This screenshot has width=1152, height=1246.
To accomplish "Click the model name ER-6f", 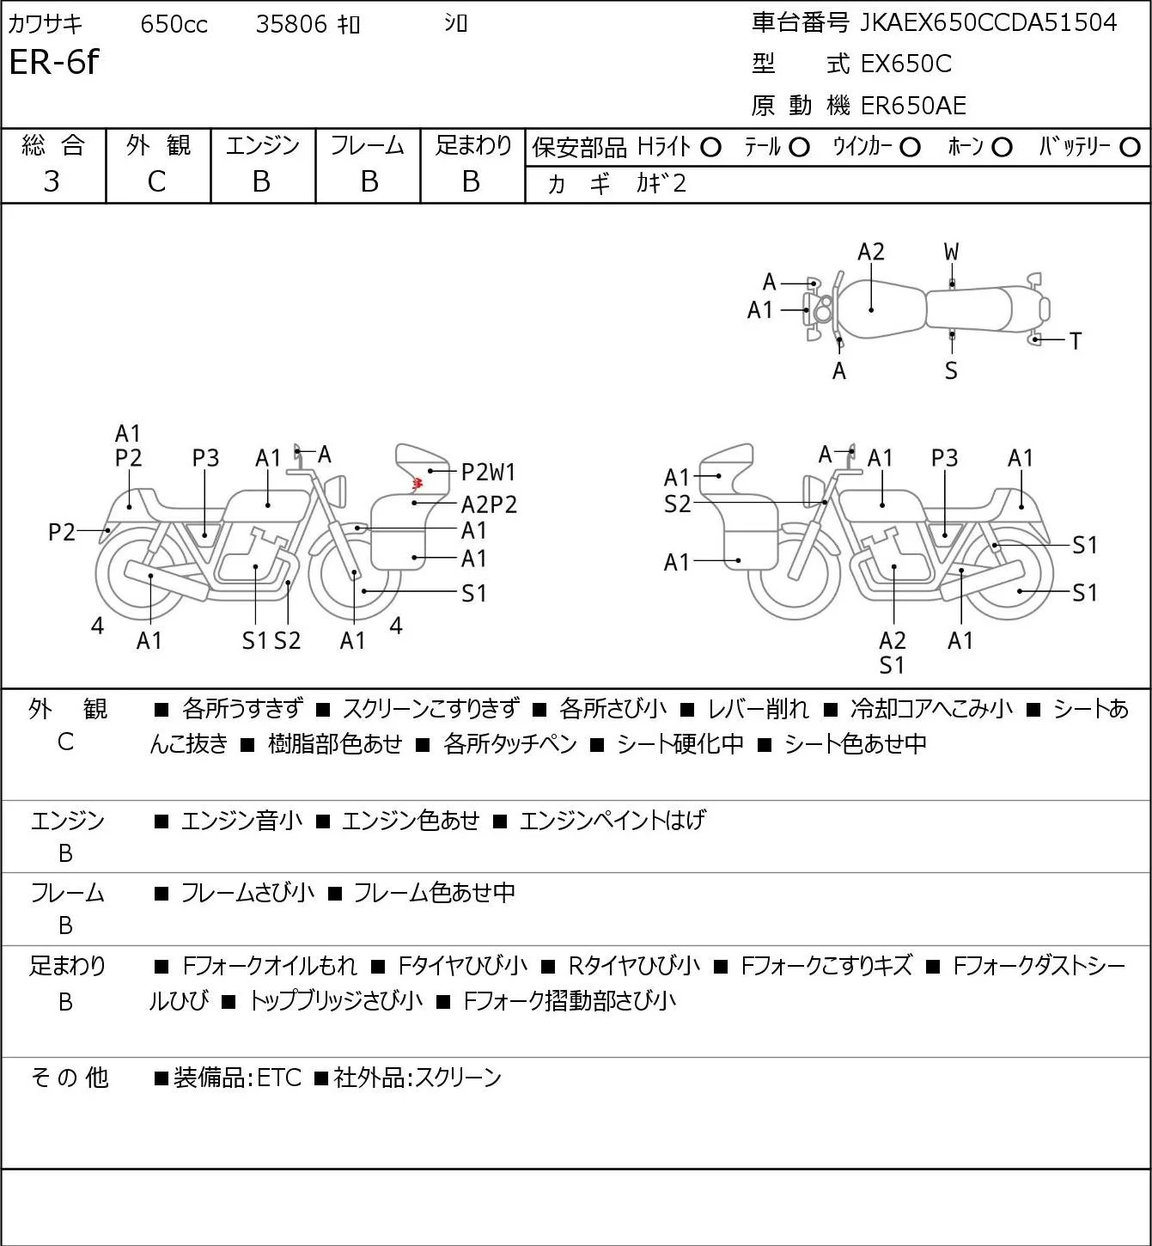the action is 54,62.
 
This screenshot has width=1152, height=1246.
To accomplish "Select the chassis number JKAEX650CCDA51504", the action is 988,23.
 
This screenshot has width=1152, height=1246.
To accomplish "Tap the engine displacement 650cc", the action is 174,24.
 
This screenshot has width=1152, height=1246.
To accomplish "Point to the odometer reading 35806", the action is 291,24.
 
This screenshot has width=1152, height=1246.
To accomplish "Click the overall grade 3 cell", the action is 52,181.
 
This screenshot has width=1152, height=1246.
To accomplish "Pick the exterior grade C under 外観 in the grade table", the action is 156,181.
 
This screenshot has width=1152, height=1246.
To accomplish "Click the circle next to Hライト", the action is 711,148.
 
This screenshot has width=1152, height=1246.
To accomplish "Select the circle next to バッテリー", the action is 1130,148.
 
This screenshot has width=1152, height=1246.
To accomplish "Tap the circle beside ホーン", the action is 1002,148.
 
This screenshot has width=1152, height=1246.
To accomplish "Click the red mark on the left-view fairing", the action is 417,482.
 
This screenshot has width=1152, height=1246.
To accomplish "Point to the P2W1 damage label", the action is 488,472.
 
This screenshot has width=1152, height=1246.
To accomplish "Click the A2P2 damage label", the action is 489,504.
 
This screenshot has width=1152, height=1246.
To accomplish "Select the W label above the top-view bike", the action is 951,253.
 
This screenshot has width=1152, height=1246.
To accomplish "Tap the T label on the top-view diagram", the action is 1076,341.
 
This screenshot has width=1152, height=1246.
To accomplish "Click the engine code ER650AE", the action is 913,106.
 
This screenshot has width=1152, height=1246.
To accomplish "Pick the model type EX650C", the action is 906,64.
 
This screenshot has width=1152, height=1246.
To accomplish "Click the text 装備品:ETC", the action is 237,1078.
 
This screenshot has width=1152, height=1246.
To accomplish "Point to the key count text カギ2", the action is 661,184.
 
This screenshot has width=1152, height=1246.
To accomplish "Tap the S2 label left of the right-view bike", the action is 677,504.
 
